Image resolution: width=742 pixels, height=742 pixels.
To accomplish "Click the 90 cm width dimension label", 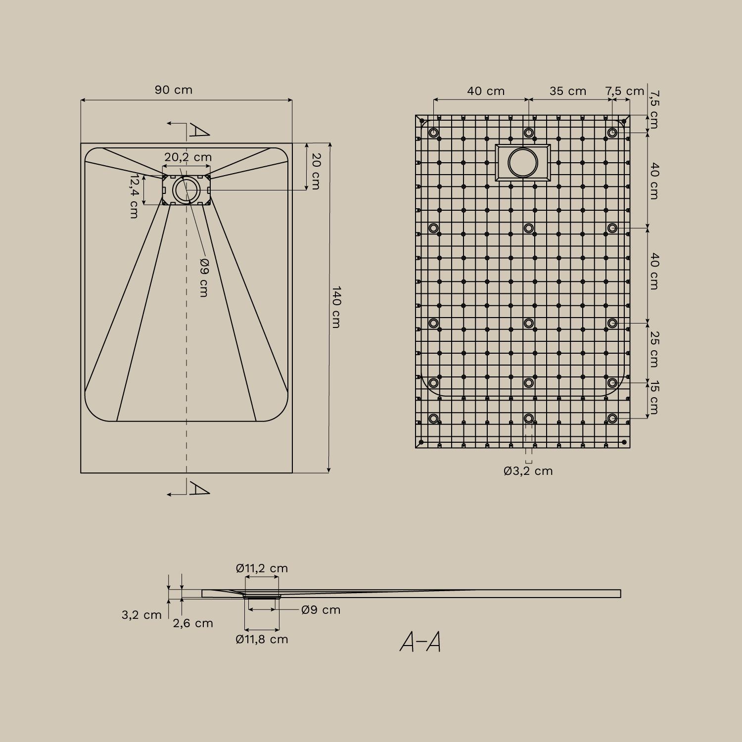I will (173, 90).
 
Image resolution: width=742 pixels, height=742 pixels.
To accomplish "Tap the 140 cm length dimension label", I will (336, 307).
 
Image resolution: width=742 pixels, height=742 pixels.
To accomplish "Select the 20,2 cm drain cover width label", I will (188, 157).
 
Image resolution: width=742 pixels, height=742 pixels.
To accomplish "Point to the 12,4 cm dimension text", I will (134, 196).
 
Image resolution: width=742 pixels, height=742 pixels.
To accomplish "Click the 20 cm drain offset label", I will (316, 171).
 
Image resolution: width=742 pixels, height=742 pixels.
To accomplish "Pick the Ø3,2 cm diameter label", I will (528, 471).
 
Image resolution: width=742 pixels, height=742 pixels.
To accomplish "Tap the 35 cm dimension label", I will (567, 92).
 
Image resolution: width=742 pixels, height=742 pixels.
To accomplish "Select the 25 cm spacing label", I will (654, 349).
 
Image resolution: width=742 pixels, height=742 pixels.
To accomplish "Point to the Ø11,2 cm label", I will (262, 568).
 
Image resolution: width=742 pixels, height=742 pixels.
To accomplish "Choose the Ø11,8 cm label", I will (262, 639).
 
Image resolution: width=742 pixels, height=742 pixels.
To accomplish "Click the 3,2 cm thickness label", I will (141, 615).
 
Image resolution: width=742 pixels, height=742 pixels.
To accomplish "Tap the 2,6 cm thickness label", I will (193, 623).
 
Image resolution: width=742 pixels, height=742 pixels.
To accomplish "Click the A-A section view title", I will (420, 642).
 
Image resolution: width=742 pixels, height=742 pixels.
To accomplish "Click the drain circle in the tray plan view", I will (186, 190).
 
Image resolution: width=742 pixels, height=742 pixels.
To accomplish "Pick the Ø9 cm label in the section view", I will (321, 610).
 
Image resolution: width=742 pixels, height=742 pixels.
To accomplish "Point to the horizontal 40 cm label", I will (486, 92).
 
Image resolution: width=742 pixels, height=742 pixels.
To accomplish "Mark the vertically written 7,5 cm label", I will (654, 109).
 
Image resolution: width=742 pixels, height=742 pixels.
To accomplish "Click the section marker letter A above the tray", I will (199, 131).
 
